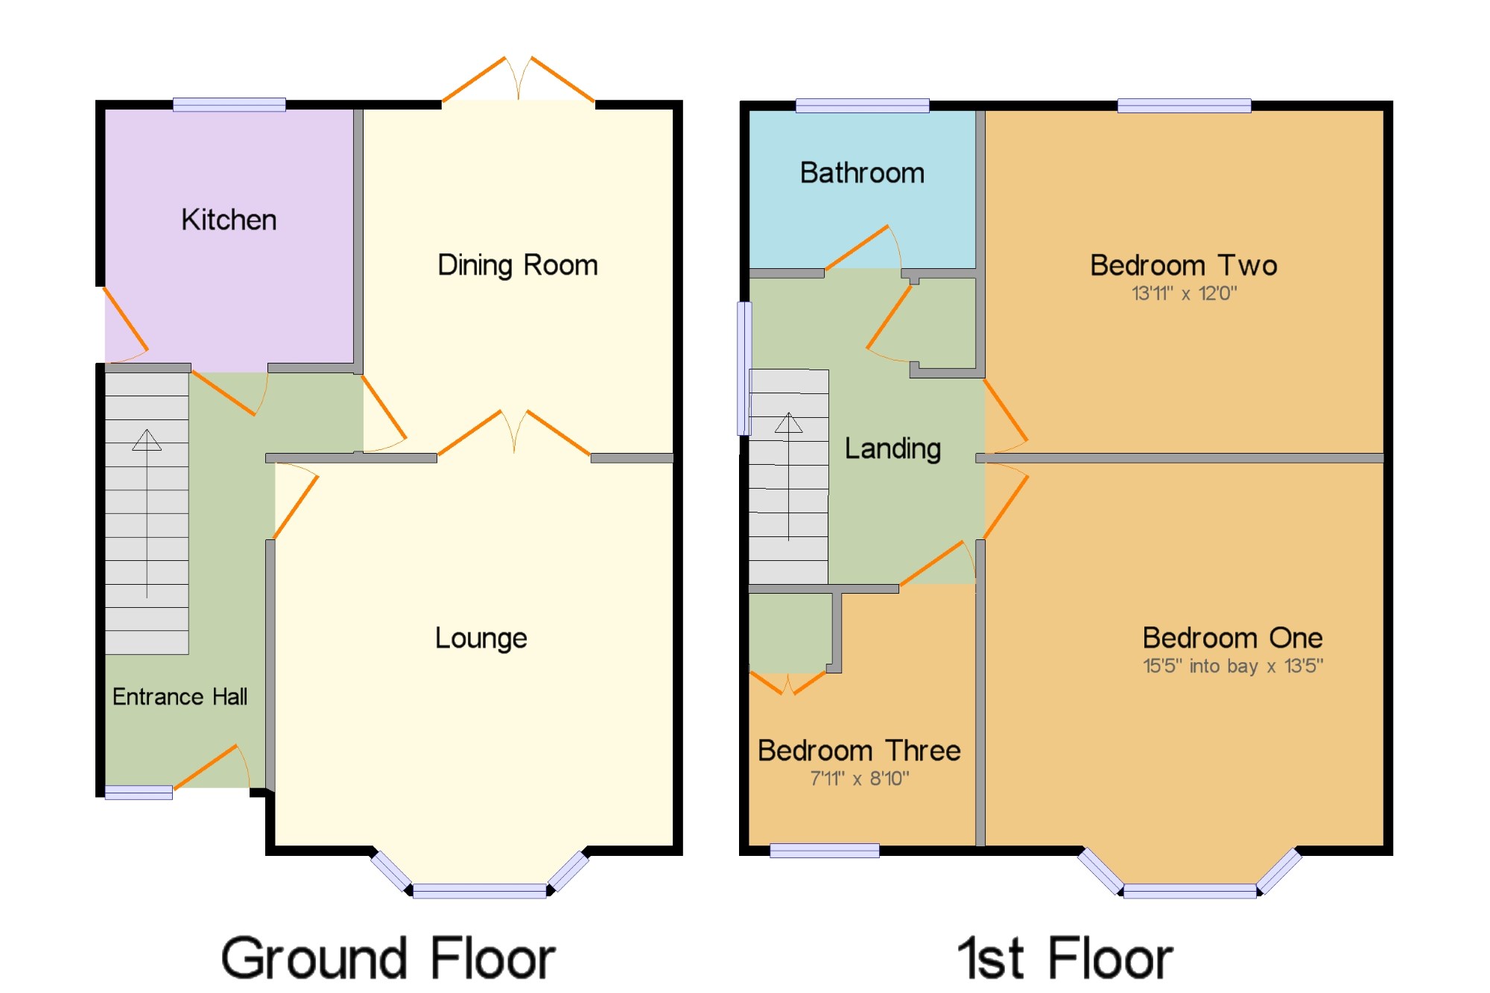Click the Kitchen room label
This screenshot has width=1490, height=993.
229,220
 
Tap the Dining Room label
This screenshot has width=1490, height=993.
518,265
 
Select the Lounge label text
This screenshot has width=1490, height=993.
481,638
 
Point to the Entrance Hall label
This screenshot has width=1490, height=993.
180,697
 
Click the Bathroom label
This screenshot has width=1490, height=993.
862,173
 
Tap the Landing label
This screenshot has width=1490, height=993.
893,448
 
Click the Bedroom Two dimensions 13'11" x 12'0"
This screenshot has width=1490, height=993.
1184,294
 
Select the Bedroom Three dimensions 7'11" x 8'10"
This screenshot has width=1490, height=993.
860,778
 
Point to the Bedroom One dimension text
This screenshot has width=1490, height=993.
1233,666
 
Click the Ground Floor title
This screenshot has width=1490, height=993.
388,958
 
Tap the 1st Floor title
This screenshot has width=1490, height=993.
1065,958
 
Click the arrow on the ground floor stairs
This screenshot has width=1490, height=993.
147,513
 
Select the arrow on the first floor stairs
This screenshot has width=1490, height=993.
788,477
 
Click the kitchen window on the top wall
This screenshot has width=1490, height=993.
229,105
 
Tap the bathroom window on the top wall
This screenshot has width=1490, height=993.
862,106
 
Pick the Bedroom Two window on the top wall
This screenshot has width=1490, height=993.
1184,106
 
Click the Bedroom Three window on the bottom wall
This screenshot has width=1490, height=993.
824,851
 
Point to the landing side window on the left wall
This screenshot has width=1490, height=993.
744,368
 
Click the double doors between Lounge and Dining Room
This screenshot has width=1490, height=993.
514,433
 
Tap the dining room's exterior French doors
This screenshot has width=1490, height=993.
519,79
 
